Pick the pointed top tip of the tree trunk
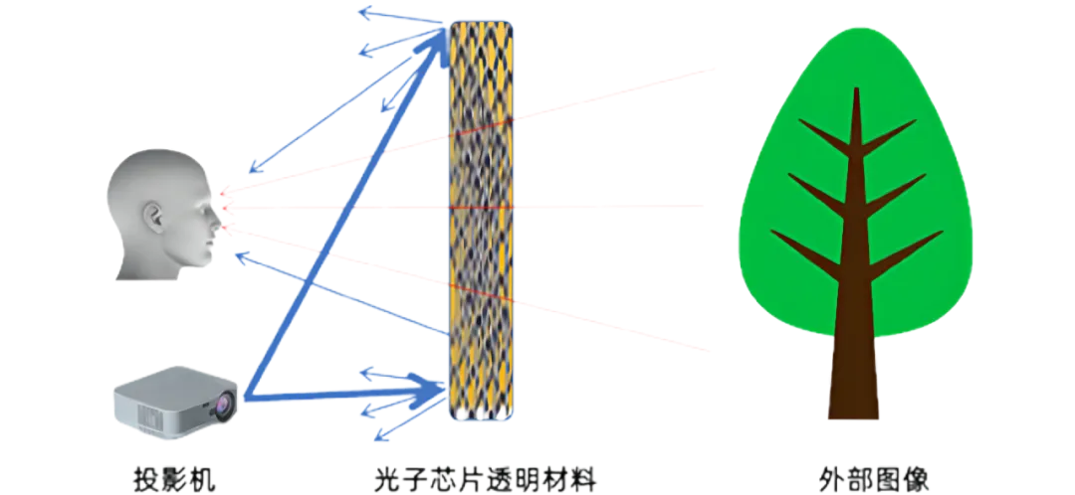[x=856, y=89]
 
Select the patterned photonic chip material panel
[x=482, y=221]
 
